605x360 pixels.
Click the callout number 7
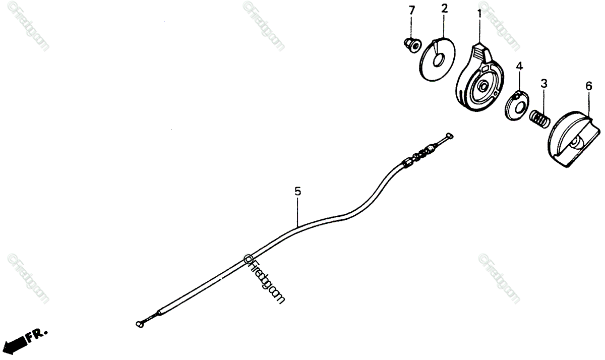click(411, 11)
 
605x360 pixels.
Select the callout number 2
click(444, 9)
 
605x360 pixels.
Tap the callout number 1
click(479, 13)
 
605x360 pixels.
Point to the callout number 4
click(519, 66)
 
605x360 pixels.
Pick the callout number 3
click(543, 83)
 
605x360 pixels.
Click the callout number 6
click(588, 86)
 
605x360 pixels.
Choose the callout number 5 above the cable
click(297, 192)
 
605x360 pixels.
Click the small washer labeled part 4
click(517, 105)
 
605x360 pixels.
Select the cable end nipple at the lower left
click(140, 324)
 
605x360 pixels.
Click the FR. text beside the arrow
click(38, 334)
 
